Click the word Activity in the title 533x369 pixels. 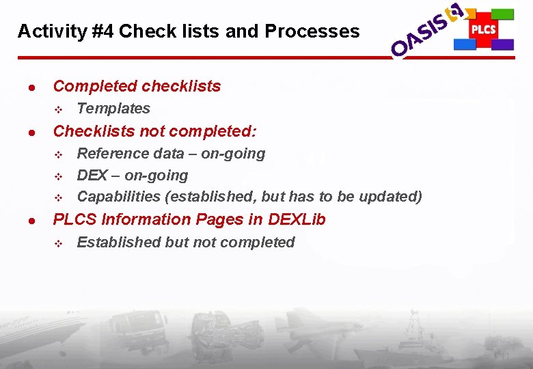43,31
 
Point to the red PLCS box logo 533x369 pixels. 483,29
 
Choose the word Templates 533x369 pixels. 113,109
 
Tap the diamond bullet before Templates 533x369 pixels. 59,109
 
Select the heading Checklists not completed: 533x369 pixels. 154,131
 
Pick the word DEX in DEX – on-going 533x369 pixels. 92,175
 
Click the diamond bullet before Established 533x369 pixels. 59,243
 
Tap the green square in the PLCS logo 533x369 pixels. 503,14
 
